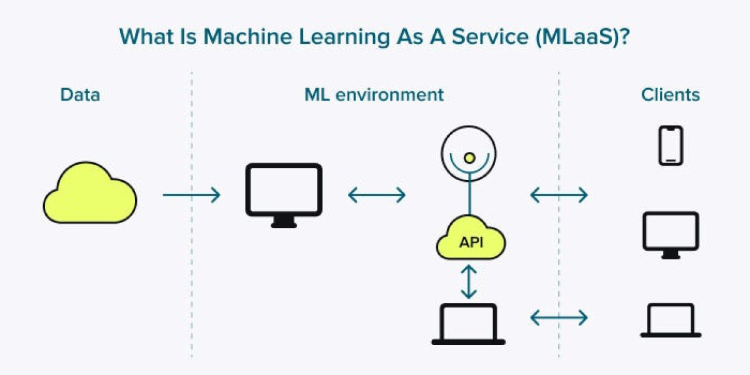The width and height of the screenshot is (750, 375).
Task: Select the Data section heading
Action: tap(80, 95)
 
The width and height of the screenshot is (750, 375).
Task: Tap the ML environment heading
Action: tap(374, 95)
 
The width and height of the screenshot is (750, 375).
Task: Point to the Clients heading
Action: tap(670, 95)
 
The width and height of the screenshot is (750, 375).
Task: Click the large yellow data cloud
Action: tap(89, 193)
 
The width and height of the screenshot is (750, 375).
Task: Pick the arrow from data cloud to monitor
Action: tap(191, 195)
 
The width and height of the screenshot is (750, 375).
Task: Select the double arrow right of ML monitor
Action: tap(377, 195)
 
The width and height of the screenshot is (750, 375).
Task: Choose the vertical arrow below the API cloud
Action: tap(469, 281)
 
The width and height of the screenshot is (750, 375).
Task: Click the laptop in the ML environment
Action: tap(468, 324)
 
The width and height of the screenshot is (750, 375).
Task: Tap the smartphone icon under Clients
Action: tap(671, 146)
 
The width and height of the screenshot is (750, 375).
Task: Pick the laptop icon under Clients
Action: tap(671, 320)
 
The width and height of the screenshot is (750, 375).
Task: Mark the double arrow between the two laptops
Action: tap(559, 318)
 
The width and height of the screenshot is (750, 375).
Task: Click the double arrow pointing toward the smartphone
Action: tap(559, 195)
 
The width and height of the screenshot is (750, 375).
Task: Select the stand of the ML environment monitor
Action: tap(284, 222)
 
